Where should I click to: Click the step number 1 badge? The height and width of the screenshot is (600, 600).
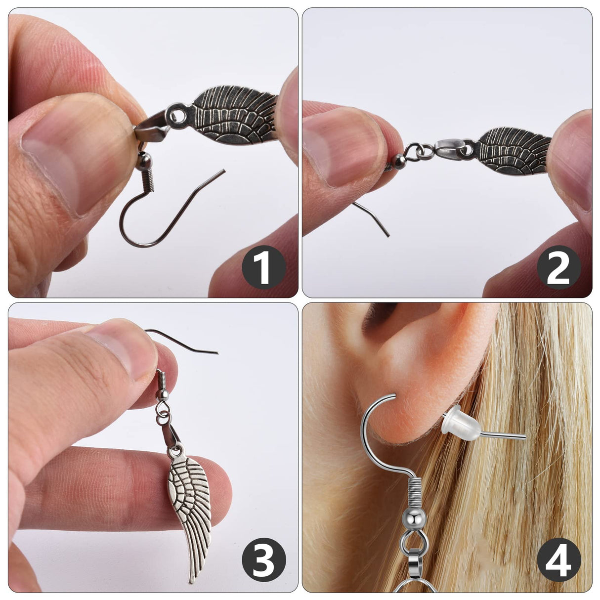tap(263, 267)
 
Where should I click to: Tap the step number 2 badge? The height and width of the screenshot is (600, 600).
tap(558, 267)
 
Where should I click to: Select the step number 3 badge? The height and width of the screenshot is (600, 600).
tap(263, 561)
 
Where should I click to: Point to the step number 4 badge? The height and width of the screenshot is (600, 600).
tap(558, 561)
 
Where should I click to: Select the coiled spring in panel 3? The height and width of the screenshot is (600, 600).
tap(161, 381)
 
